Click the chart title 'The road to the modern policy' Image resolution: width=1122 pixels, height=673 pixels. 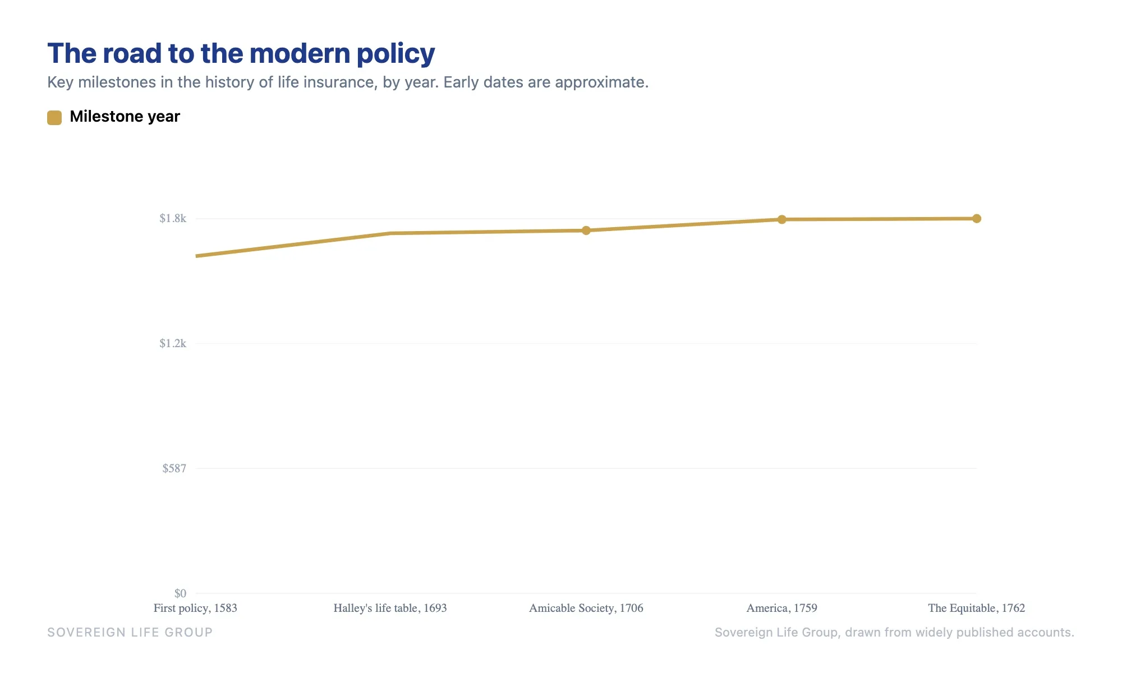click(x=241, y=54)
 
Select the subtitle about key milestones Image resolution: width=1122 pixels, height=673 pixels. click(x=348, y=82)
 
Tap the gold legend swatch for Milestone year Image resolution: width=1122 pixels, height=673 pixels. click(x=54, y=117)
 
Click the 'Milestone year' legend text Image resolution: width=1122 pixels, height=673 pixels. click(x=125, y=117)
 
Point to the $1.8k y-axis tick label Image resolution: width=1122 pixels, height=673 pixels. click(x=173, y=218)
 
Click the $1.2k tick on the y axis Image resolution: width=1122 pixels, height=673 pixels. click(x=173, y=343)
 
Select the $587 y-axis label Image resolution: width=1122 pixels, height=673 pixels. click(x=174, y=468)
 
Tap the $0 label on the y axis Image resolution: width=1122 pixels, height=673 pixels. click(x=180, y=593)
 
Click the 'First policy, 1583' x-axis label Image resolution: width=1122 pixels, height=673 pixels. click(x=195, y=608)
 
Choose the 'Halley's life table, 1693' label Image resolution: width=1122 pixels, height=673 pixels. click(x=390, y=608)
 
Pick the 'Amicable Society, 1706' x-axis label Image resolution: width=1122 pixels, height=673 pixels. click(x=586, y=608)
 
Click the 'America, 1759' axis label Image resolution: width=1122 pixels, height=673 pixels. click(x=781, y=608)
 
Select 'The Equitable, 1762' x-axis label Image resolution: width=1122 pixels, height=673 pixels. click(x=977, y=608)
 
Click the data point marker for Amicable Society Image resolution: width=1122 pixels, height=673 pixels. click(x=586, y=231)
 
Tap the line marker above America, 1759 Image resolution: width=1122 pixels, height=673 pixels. click(x=781, y=219)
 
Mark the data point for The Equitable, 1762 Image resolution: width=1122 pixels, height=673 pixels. click(x=977, y=219)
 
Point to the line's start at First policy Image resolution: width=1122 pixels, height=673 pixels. click(x=196, y=256)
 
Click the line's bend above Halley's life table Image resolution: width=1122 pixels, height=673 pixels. click(x=390, y=233)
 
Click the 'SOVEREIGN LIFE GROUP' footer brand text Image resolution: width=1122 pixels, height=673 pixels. click(x=130, y=633)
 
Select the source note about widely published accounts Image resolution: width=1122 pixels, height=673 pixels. click(x=894, y=633)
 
